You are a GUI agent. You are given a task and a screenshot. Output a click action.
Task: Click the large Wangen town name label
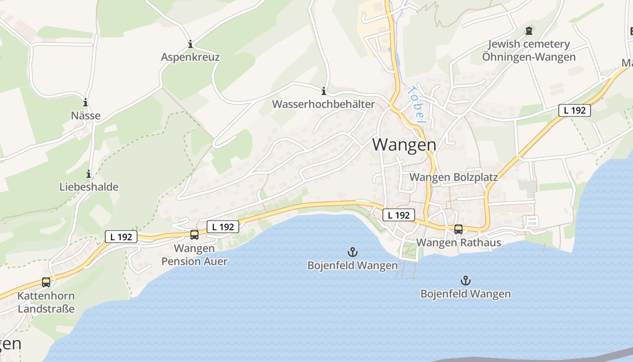[405, 145]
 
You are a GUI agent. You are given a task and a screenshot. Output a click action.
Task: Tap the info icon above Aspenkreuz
[190, 44]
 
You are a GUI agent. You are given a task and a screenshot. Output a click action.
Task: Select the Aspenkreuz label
[190, 57]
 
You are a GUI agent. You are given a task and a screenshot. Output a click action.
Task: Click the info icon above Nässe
[85, 103]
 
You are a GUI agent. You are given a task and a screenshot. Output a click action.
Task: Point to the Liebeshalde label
[89, 187]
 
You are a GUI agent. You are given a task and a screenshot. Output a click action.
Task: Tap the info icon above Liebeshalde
[89, 174]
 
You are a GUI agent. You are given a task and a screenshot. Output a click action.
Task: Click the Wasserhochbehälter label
[323, 105]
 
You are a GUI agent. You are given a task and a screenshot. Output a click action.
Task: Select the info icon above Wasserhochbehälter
[323, 91]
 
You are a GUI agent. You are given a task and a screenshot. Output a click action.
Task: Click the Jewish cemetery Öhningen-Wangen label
[529, 51]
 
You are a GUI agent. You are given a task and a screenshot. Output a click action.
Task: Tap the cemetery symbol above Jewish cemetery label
[529, 31]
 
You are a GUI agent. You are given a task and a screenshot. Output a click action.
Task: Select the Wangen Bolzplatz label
[453, 177]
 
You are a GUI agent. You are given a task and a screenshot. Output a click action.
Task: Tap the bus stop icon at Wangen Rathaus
[458, 229]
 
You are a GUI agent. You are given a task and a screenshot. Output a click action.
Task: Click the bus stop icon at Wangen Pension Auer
[194, 234]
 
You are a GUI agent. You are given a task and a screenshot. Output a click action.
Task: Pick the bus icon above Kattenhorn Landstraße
[46, 282]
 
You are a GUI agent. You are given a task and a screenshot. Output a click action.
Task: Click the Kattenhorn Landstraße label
[46, 303]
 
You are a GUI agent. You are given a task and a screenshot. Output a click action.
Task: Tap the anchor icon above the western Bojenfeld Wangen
[352, 252]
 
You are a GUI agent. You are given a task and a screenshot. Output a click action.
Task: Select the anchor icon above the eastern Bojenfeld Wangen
[465, 281]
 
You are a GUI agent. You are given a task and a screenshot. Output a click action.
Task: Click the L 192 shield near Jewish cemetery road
[574, 110]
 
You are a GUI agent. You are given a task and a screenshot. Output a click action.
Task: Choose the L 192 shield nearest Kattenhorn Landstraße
[121, 236]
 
